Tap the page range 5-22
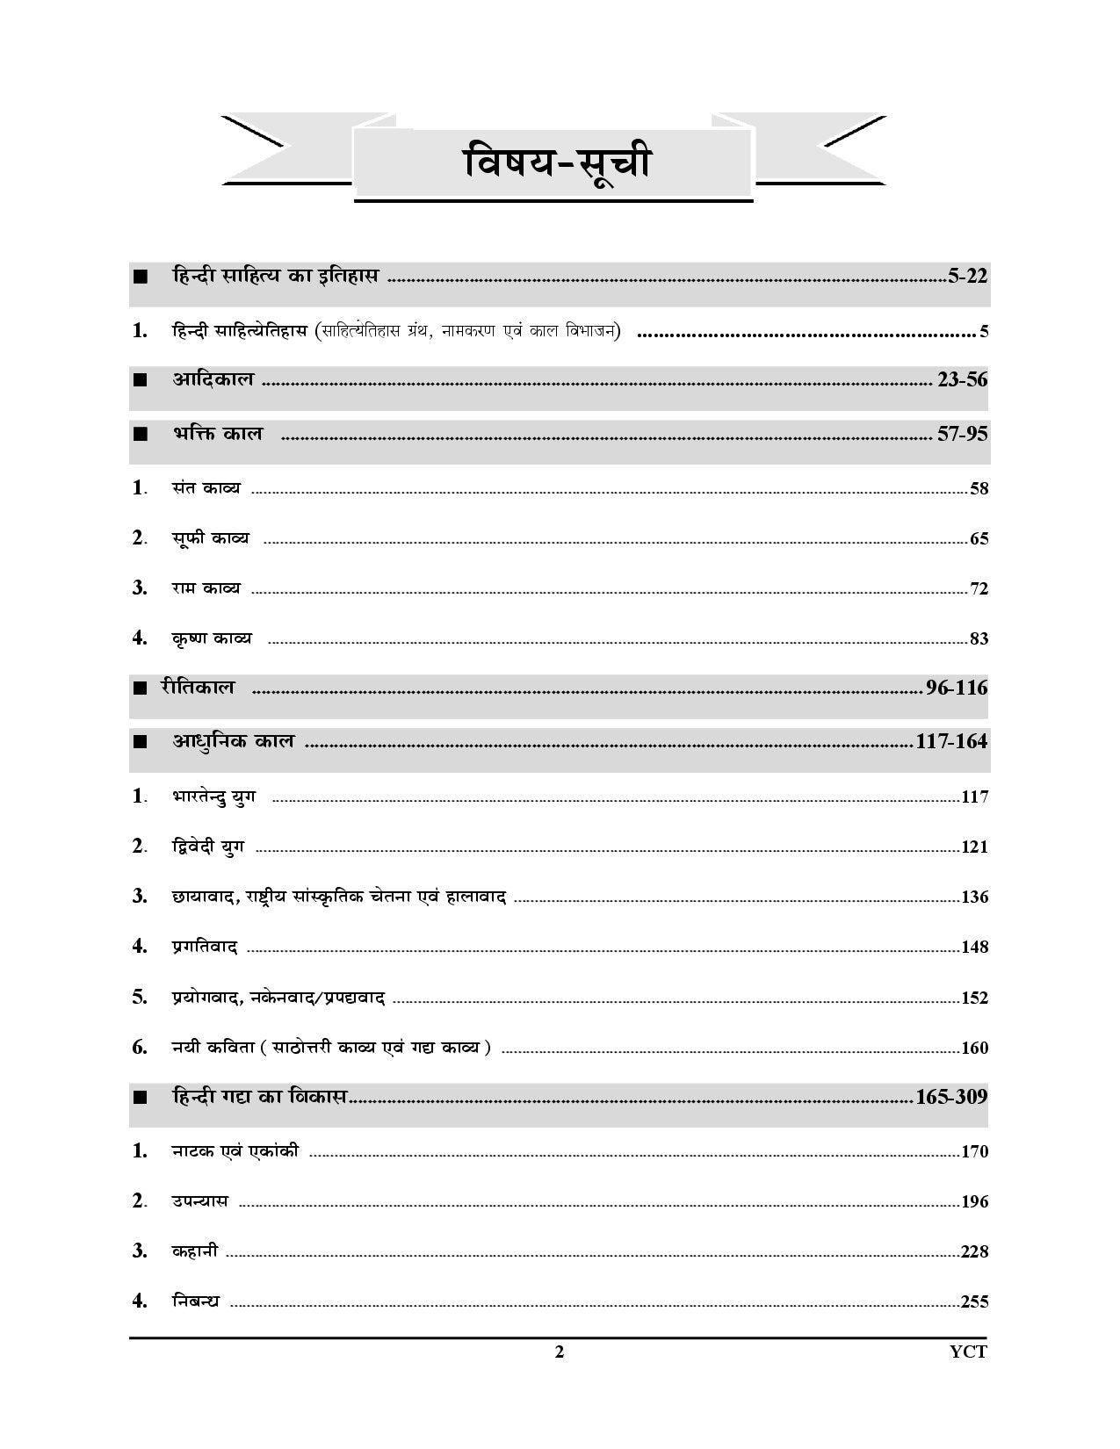point(968,277)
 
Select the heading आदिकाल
point(213,379)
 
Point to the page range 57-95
point(963,434)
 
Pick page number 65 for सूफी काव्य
point(979,538)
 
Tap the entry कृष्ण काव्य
point(211,638)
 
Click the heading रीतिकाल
point(199,687)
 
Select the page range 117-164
point(951,741)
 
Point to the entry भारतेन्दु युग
point(213,797)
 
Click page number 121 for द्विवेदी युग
point(974,847)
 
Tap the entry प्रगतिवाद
point(205,947)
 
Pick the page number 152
point(974,998)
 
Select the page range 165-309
point(951,1097)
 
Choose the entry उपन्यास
point(199,1200)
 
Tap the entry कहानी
point(194,1251)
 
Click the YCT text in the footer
point(968,1352)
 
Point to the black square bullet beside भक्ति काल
point(140,434)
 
